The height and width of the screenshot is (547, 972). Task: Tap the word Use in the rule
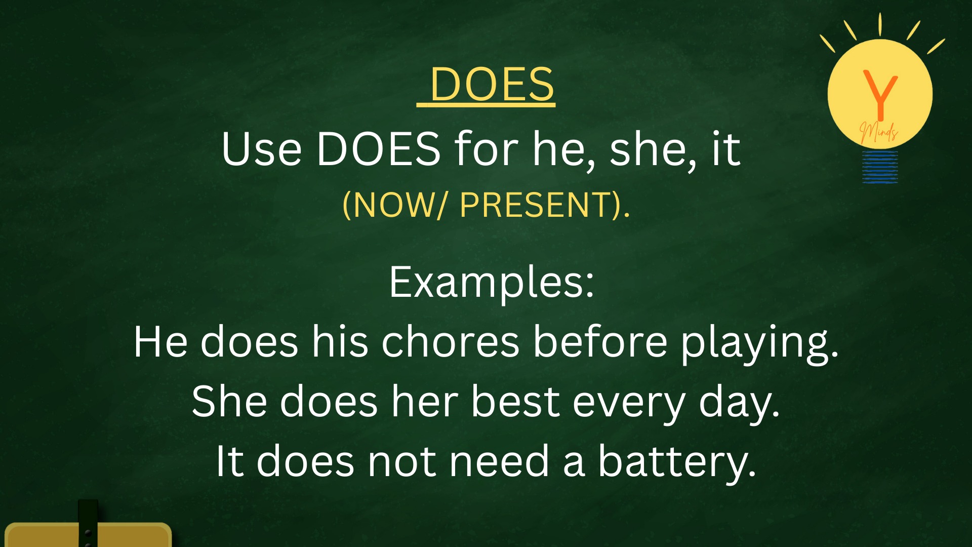[x=262, y=149]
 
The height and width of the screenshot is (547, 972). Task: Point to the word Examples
[x=492, y=283]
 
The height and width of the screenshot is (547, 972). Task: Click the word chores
[x=451, y=342]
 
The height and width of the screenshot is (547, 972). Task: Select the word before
[x=600, y=342]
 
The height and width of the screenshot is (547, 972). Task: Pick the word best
[x=515, y=402]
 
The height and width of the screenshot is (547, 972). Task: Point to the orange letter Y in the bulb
[x=880, y=94]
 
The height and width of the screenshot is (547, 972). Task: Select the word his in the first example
[x=340, y=342]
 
